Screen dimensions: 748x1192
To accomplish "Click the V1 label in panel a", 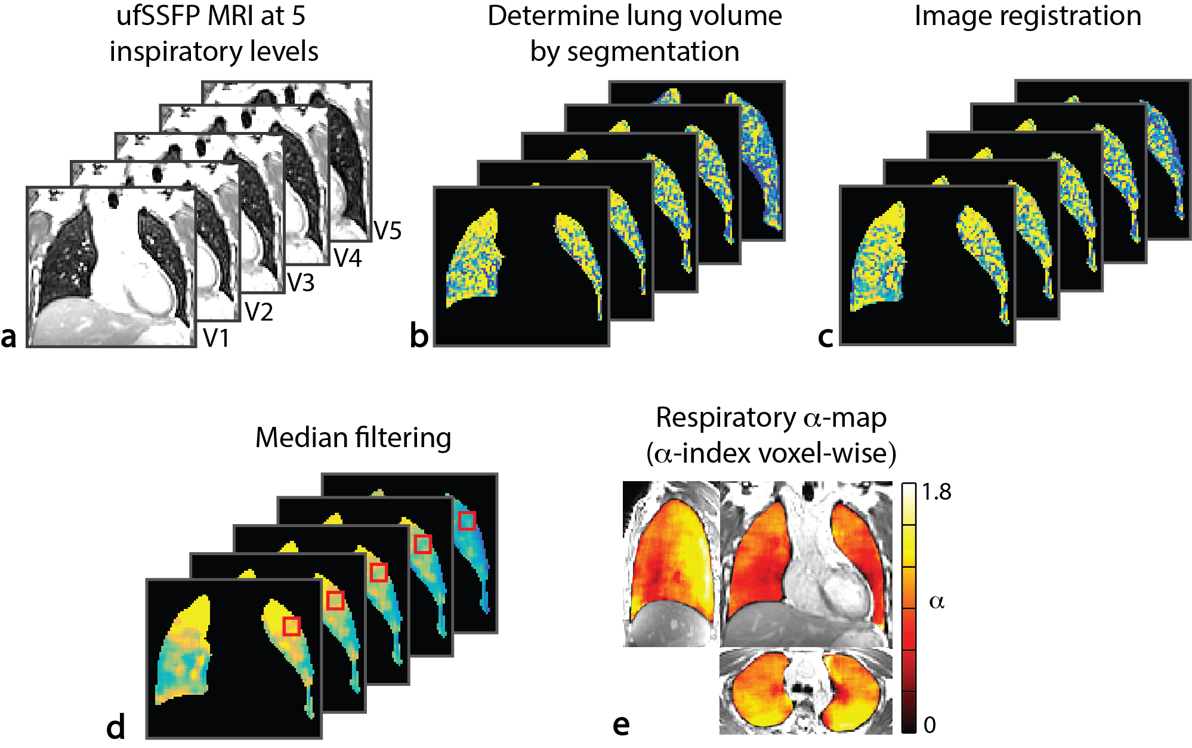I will (x=216, y=338).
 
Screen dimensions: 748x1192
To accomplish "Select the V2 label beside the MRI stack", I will (x=259, y=312).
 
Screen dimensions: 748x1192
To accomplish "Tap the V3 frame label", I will (x=301, y=282).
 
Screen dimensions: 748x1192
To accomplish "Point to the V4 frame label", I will (x=347, y=258).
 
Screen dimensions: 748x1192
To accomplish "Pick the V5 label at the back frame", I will (x=387, y=230).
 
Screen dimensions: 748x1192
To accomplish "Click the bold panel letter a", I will (x=9, y=336).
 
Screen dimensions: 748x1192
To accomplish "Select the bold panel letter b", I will (x=419, y=335).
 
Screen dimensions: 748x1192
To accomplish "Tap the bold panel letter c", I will (x=825, y=336).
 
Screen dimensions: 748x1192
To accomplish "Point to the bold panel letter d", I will (x=116, y=727).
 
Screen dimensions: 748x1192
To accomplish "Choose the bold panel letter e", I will (x=621, y=725).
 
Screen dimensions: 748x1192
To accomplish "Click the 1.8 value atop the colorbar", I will (x=936, y=492).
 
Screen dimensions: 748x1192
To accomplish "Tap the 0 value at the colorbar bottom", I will (x=929, y=725).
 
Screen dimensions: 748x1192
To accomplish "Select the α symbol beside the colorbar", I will (x=937, y=602).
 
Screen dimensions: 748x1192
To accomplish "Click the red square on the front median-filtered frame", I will (x=291, y=626).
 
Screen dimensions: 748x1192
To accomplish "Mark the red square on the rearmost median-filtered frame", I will (x=467, y=521).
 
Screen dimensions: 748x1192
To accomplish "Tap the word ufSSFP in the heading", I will (x=158, y=16).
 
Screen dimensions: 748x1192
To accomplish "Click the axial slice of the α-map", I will (x=805, y=691).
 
